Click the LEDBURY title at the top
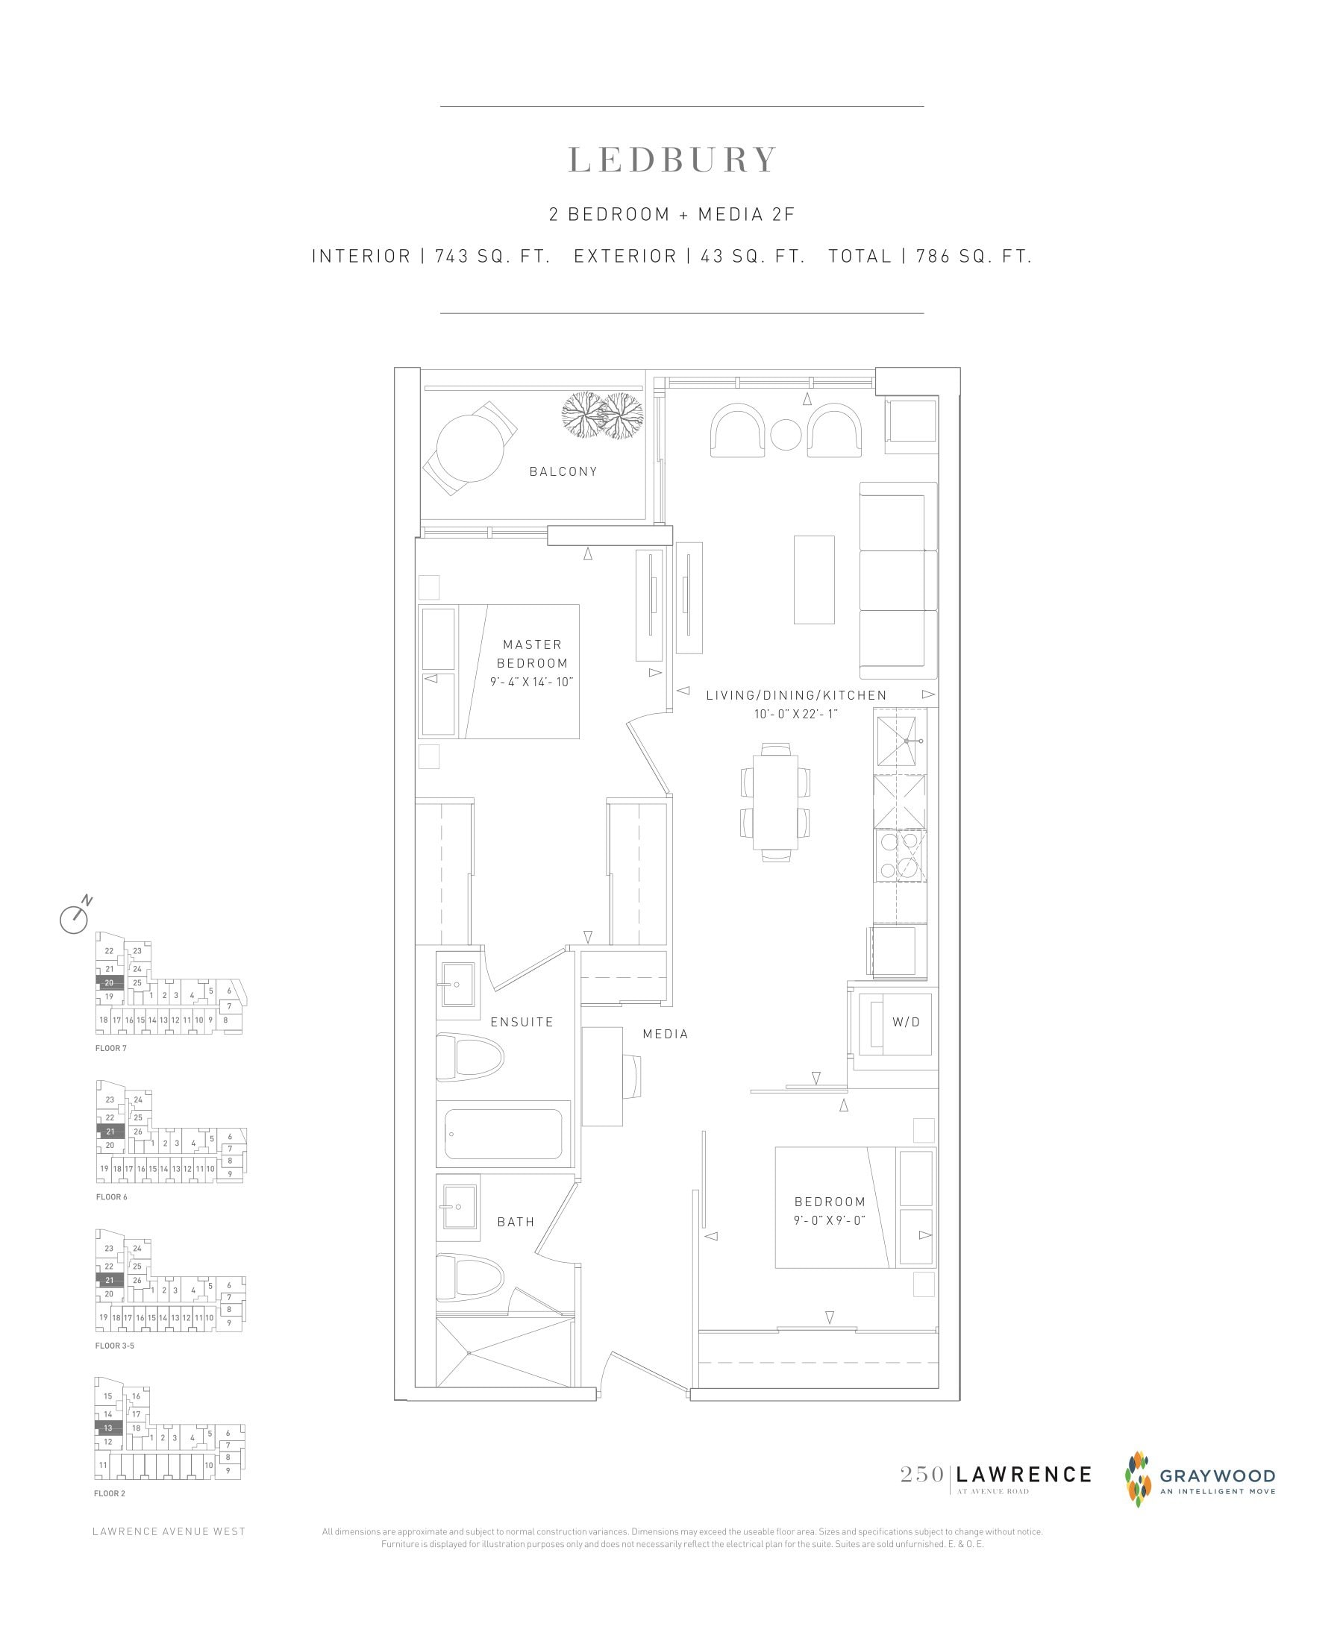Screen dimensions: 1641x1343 (672, 160)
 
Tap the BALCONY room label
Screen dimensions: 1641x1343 (563, 471)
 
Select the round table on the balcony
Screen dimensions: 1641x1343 (470, 448)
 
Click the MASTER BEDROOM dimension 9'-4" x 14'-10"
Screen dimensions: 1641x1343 (531, 682)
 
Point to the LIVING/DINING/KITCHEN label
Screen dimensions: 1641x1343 (796, 695)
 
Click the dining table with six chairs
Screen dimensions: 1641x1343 (775, 803)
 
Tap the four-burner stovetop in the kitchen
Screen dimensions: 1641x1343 (900, 856)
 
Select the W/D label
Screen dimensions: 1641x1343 (906, 1022)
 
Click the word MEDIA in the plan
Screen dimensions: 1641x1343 (666, 1034)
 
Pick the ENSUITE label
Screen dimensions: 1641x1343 (522, 1022)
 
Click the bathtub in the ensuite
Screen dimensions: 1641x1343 (504, 1134)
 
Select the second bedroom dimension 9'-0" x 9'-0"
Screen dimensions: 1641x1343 (830, 1220)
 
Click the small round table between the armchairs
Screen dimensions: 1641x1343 (785, 435)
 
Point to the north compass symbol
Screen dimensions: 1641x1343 (75, 918)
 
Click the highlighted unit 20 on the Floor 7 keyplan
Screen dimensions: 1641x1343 (109, 982)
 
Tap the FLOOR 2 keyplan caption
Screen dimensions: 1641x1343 (109, 1493)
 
